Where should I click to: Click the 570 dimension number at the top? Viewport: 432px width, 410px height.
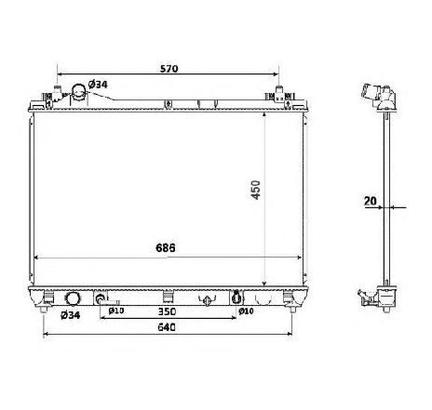point(168,69)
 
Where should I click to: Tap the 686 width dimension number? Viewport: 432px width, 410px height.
point(166,248)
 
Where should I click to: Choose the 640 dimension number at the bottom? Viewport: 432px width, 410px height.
point(168,328)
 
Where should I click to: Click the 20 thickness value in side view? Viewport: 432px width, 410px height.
point(369,200)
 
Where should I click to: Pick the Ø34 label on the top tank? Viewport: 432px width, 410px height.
point(98,86)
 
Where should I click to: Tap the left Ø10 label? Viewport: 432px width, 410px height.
point(116,311)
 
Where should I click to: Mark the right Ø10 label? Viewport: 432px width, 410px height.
point(246,311)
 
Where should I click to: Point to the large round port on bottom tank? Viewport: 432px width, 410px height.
point(73,299)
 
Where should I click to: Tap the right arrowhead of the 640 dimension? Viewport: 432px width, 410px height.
point(290,335)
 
